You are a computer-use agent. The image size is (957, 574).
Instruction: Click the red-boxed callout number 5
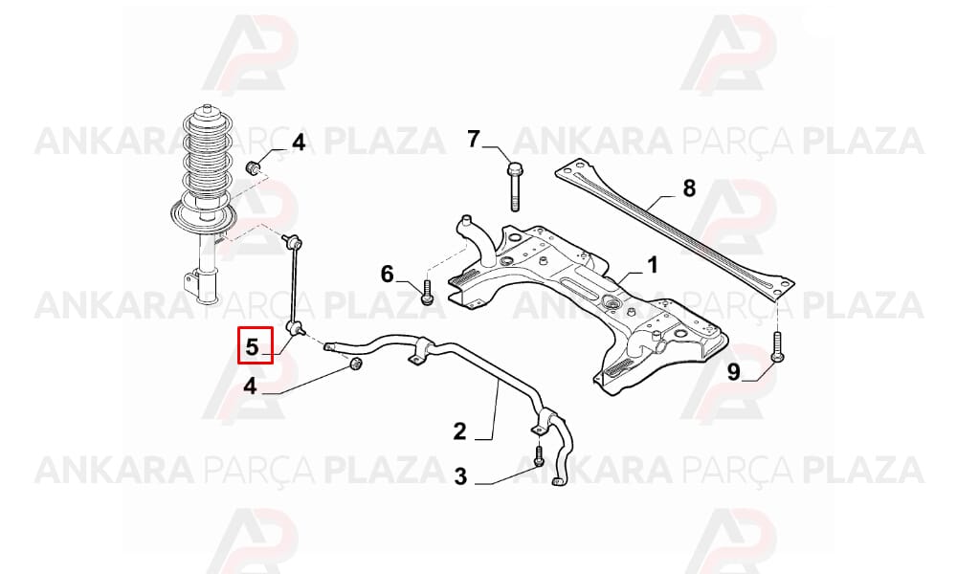pos(252,346)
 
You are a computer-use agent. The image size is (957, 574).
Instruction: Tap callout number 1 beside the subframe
pos(653,265)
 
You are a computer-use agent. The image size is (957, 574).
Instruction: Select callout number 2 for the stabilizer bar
pos(459,431)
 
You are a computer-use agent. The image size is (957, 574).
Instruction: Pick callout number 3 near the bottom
pos(460,476)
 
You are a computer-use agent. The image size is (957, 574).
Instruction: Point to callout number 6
pos(388,275)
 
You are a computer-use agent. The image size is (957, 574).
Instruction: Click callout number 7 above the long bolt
pos(475,139)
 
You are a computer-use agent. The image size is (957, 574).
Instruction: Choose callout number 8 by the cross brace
pos(689,188)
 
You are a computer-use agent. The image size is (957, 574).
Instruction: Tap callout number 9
pos(734,371)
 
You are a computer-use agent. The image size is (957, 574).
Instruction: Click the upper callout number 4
pos(298,143)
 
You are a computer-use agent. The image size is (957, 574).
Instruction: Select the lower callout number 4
pos(250,386)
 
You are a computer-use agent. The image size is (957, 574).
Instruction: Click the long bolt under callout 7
pos(514,186)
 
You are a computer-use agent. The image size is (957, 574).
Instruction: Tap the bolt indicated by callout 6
pos(427,292)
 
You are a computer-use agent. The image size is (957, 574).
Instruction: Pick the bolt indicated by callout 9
pos(777,346)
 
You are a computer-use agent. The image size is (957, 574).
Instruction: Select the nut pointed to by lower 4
pos(355,364)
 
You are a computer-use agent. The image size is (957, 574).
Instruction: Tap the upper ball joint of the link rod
pos(293,241)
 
